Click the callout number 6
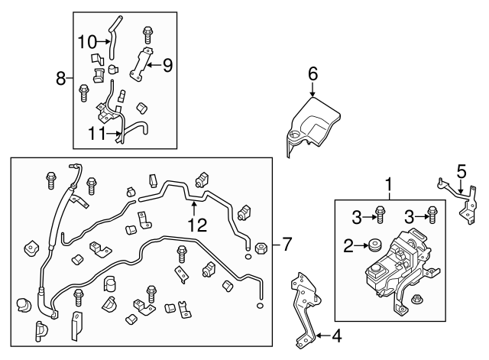[x=313, y=74]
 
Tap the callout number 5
[x=461, y=170]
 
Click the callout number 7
[x=286, y=245]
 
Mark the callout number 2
[x=348, y=246]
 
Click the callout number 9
[x=167, y=65]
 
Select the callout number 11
[x=95, y=132]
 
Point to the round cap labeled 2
[x=374, y=247]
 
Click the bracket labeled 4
[x=304, y=306]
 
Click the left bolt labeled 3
[x=379, y=216]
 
